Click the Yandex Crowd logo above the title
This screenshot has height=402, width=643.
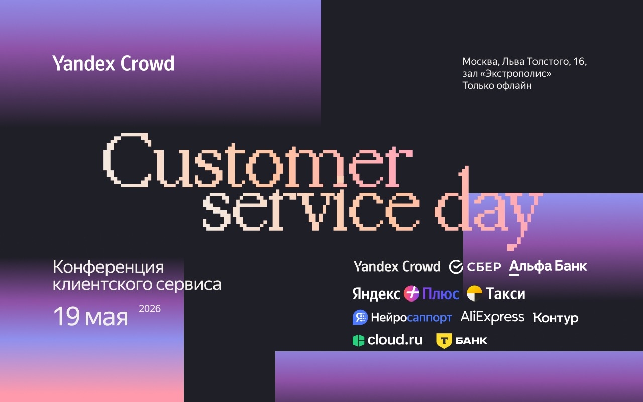click(x=114, y=64)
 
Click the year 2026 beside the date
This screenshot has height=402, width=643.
click(x=149, y=309)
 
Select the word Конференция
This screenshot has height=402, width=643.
click(x=109, y=267)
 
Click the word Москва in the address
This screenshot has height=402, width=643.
click(x=480, y=62)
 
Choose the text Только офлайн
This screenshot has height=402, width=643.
click(x=497, y=86)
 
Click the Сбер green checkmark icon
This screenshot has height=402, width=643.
click(x=456, y=267)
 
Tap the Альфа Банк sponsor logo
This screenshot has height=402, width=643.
click(x=548, y=267)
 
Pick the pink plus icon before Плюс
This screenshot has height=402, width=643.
click(x=411, y=293)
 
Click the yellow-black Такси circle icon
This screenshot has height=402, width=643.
click(x=474, y=293)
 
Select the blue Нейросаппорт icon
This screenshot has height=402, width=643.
click(x=360, y=317)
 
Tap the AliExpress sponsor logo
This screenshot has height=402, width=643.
click(x=492, y=317)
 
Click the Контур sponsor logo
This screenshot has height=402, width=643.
click(x=556, y=318)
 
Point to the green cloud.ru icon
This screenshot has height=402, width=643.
click(x=358, y=341)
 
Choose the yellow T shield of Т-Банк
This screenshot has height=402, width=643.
click(x=444, y=341)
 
